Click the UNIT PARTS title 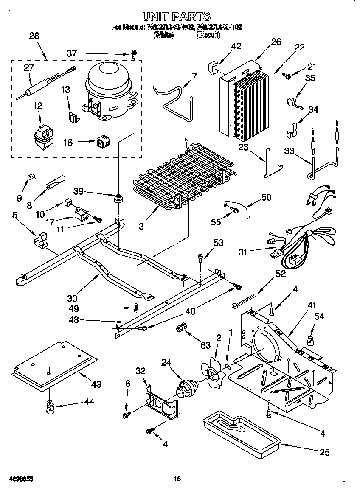(x=176, y=17)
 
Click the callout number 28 (x=34, y=36)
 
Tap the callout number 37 (x=72, y=53)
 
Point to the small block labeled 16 (x=102, y=142)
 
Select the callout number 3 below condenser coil (x=141, y=226)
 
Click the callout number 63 (x=205, y=346)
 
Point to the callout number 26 (x=276, y=42)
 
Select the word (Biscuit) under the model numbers (x=208, y=36)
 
